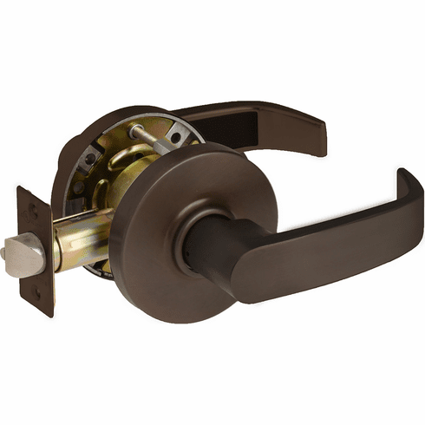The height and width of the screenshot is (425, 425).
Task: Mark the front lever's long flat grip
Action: point(330,243)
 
